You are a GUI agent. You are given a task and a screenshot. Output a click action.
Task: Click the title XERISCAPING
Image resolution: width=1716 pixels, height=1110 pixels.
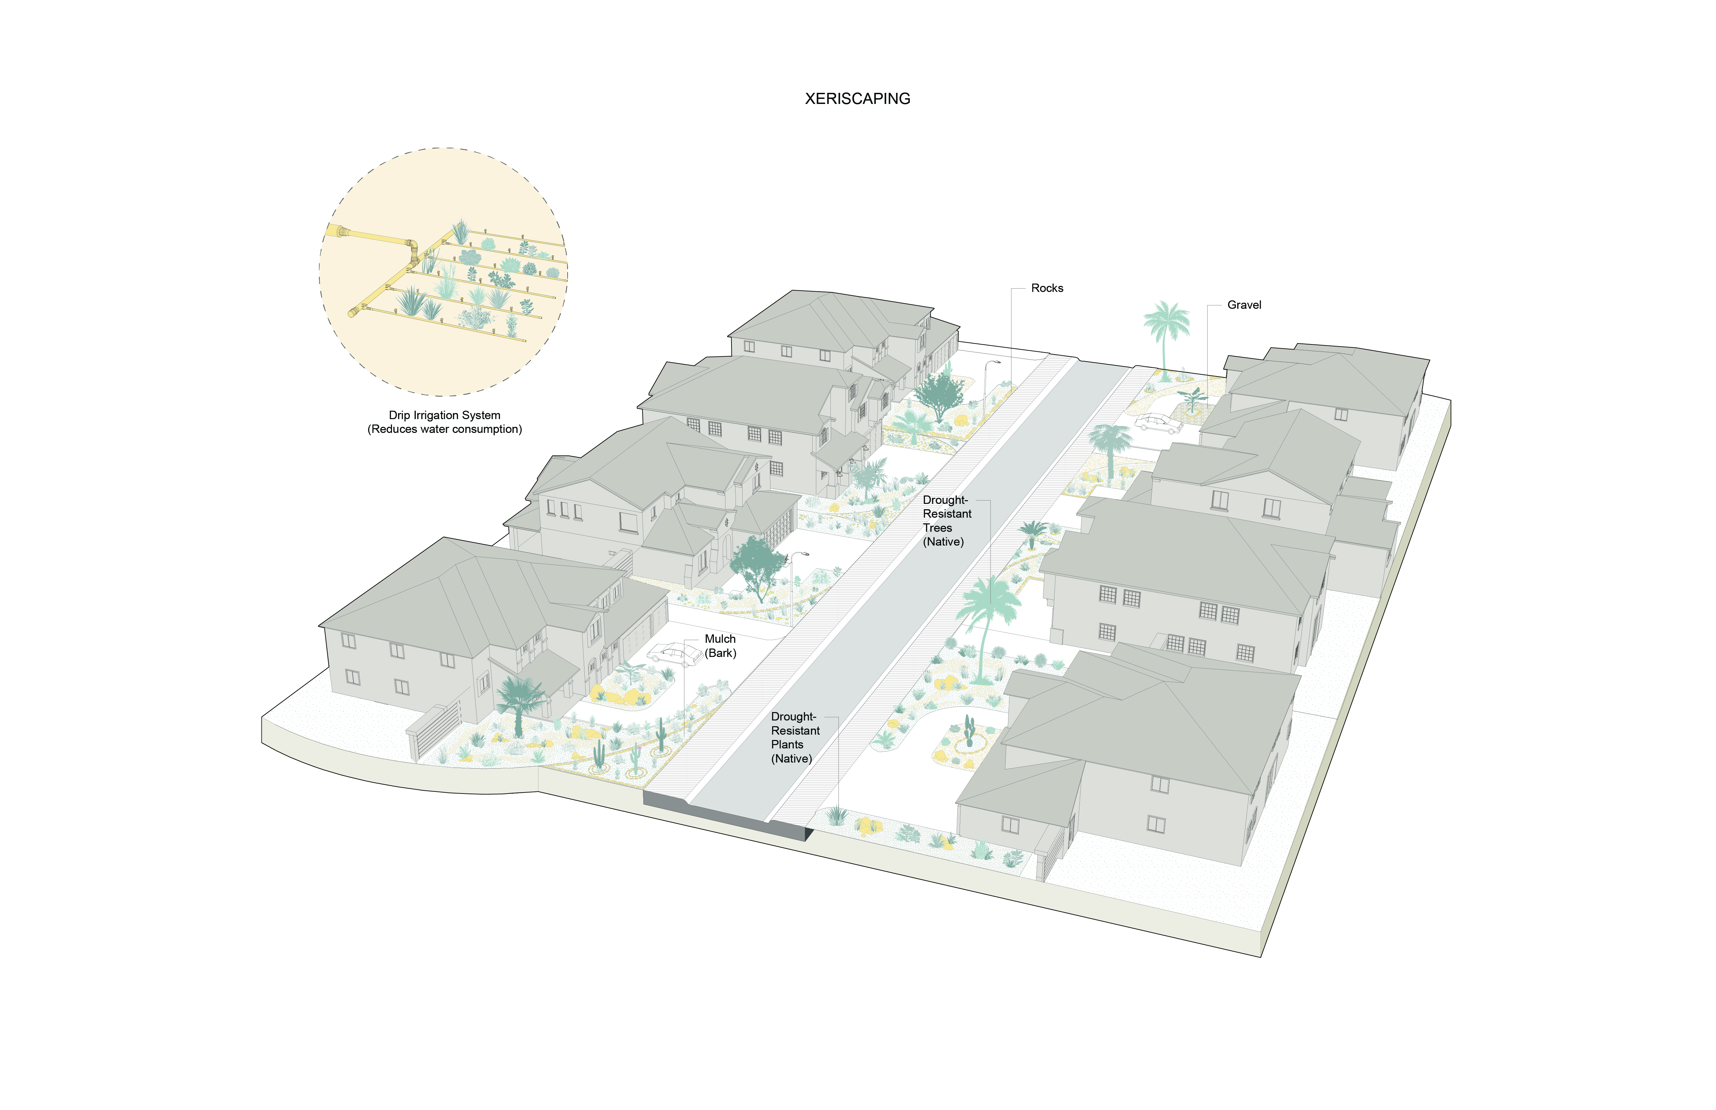[x=857, y=99]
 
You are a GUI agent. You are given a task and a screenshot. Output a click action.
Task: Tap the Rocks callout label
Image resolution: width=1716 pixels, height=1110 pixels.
[x=1047, y=288]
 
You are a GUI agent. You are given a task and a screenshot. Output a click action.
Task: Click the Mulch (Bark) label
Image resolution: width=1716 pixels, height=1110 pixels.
[x=720, y=646]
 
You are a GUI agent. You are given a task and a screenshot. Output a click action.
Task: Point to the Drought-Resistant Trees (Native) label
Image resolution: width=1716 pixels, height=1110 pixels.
[x=947, y=520]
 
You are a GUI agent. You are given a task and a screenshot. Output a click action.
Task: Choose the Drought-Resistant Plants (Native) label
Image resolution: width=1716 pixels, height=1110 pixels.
[x=794, y=737]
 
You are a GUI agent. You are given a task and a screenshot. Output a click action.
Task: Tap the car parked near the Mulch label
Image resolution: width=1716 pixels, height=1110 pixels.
[x=674, y=655]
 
